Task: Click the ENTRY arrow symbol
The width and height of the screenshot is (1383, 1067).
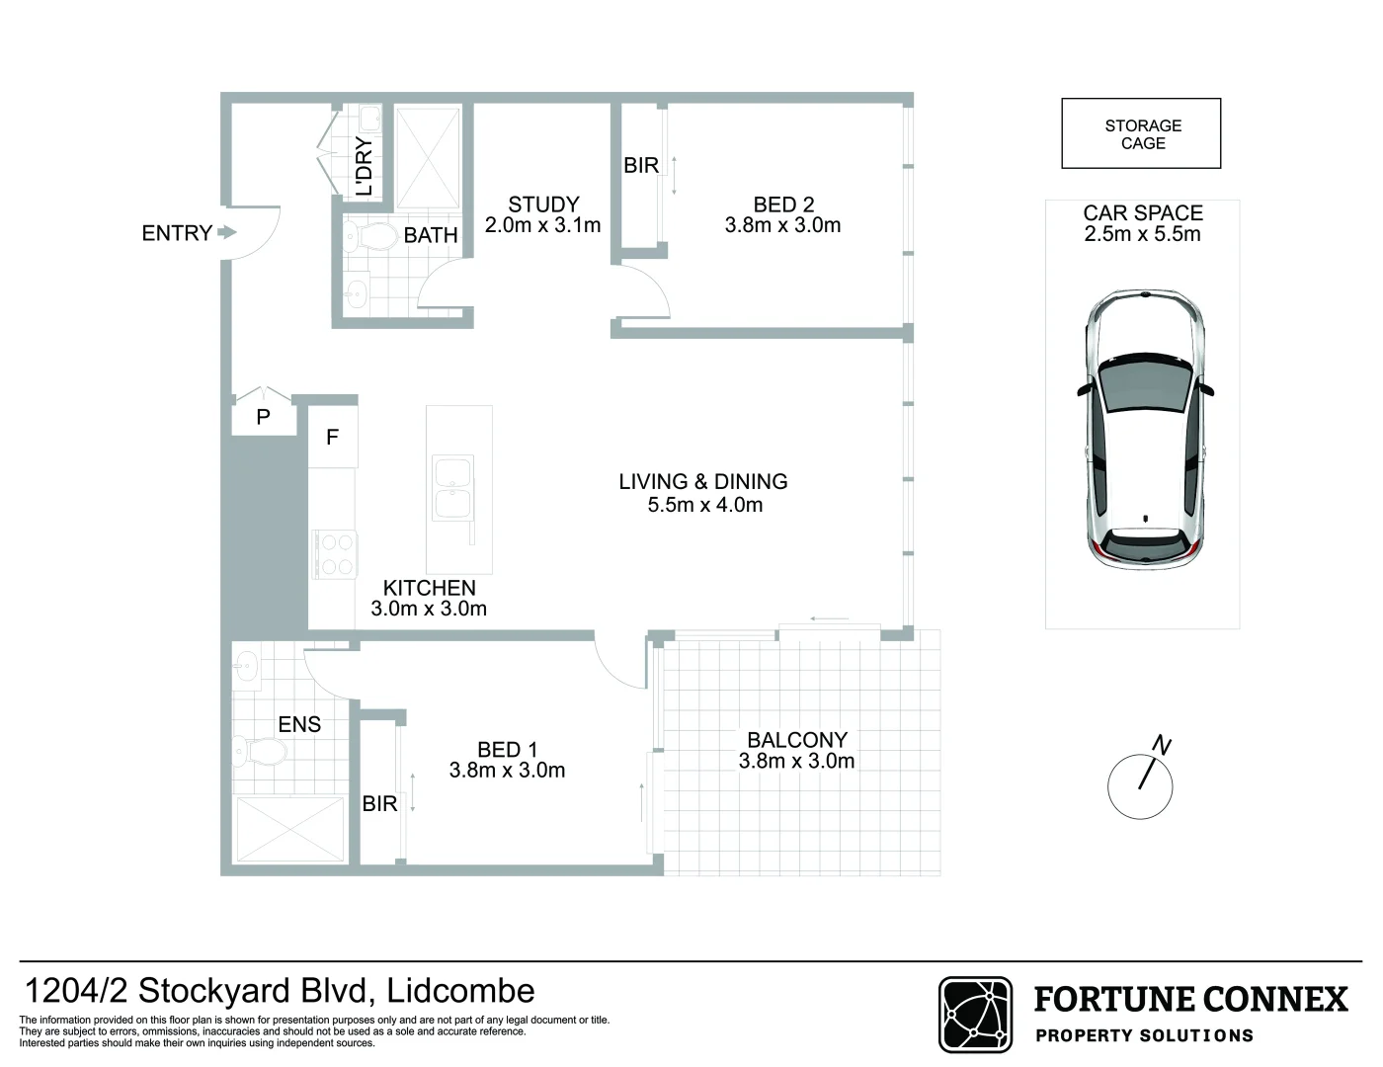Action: pos(226,233)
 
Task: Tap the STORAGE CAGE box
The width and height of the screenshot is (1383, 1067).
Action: pos(1141,133)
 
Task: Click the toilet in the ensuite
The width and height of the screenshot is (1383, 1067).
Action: pos(262,754)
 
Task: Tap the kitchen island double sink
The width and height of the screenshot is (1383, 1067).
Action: pos(453,486)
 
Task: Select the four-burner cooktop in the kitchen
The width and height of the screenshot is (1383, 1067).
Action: pos(333,554)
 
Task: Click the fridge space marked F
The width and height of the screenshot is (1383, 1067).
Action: pos(332,436)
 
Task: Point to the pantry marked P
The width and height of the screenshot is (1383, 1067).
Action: pos(263,417)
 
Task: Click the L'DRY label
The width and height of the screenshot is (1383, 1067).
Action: pos(364,166)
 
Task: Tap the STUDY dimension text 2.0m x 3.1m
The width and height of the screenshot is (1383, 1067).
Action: pos(542,225)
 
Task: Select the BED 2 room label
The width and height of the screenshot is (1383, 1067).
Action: pos(783,205)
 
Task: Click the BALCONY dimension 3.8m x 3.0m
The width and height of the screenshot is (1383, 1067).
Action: pos(796,761)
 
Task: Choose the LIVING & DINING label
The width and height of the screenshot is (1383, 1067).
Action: pos(702,481)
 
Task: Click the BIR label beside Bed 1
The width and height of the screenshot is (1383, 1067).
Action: pos(379,804)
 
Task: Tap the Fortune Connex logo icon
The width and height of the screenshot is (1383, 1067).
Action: pos(974,1015)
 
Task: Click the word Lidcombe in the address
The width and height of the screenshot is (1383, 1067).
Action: pos(460,990)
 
